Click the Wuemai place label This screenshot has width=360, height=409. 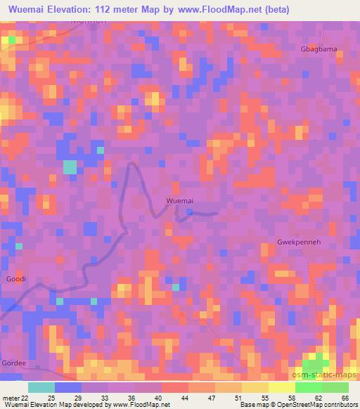pos(179,200)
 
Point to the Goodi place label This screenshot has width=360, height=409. pos(16,279)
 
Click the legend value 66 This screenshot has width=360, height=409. pos(345,398)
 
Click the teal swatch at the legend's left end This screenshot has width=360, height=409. pos(41,387)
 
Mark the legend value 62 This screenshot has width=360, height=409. pos(319,398)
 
